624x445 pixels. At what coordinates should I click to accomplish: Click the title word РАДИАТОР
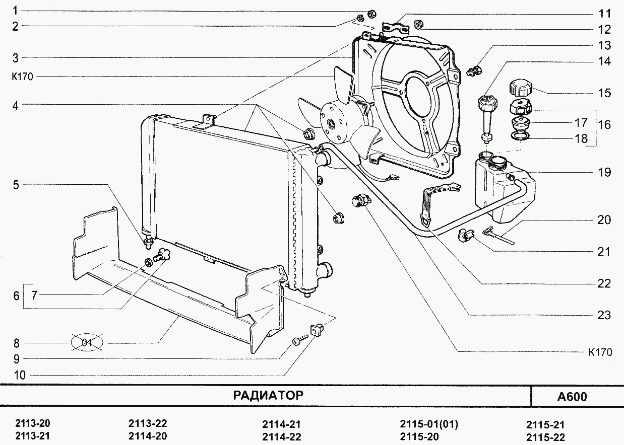point(268,396)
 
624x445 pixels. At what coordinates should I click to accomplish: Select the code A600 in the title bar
point(572,397)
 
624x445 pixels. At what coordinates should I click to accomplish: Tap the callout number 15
point(604,93)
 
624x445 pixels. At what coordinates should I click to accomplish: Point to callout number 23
point(604,315)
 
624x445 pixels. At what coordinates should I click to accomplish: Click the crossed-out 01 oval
point(87,343)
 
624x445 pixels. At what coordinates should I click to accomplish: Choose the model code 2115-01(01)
point(428,424)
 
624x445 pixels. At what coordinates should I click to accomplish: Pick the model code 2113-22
point(148,423)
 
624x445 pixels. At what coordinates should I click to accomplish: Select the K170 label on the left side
point(22,77)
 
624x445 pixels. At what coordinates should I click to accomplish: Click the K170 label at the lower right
point(600,352)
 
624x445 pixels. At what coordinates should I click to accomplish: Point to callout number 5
point(16,185)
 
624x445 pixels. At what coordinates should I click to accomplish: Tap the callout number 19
point(604,173)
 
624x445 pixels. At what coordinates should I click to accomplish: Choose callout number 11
point(604,13)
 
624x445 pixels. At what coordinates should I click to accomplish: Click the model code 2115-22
point(545,436)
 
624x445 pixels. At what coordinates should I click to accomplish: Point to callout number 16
point(604,124)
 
